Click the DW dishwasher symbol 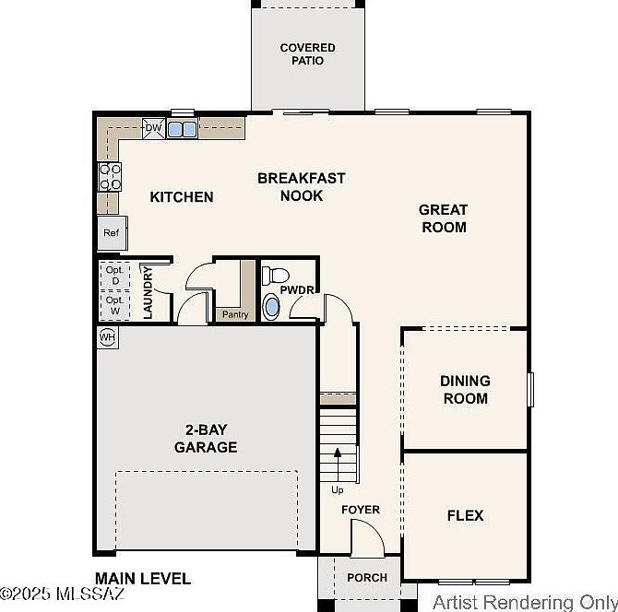click(154, 128)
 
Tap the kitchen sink click(182, 129)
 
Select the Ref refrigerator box click(113, 233)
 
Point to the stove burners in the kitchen click(110, 176)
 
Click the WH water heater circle click(107, 337)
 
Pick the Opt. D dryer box click(114, 276)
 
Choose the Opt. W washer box click(114, 306)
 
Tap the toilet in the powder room click(275, 276)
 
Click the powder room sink click(271, 307)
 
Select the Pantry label click(235, 314)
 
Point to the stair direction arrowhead click(338, 453)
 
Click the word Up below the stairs click(338, 490)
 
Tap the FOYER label click(361, 510)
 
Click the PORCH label click(367, 578)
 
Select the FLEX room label click(466, 515)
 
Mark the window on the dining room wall click(531, 390)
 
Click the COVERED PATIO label click(308, 54)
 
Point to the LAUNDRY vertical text click(148, 292)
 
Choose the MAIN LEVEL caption click(143, 579)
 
